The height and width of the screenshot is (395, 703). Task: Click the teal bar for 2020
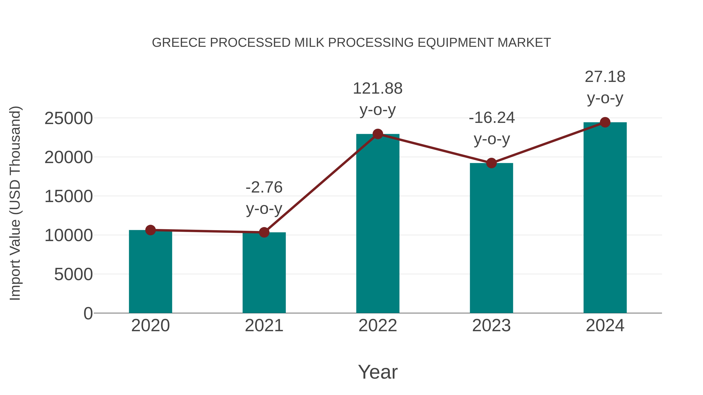click(150, 273)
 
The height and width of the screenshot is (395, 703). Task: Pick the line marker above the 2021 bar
click(264, 232)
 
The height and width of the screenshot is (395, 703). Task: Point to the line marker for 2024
click(605, 122)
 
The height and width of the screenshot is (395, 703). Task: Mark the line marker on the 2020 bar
click(150, 230)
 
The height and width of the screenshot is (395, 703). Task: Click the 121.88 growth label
click(378, 89)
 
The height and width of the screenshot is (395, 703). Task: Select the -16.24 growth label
click(492, 118)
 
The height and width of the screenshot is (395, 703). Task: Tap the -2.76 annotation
click(264, 187)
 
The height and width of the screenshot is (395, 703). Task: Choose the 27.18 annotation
click(605, 77)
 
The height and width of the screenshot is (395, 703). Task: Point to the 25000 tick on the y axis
click(69, 119)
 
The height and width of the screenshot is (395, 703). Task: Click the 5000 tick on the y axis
click(73, 274)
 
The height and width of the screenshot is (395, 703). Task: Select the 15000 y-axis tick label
click(69, 197)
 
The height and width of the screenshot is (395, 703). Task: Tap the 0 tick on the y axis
click(88, 313)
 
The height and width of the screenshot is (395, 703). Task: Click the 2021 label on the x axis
click(264, 326)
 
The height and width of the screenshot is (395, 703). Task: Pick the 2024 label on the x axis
click(605, 326)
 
